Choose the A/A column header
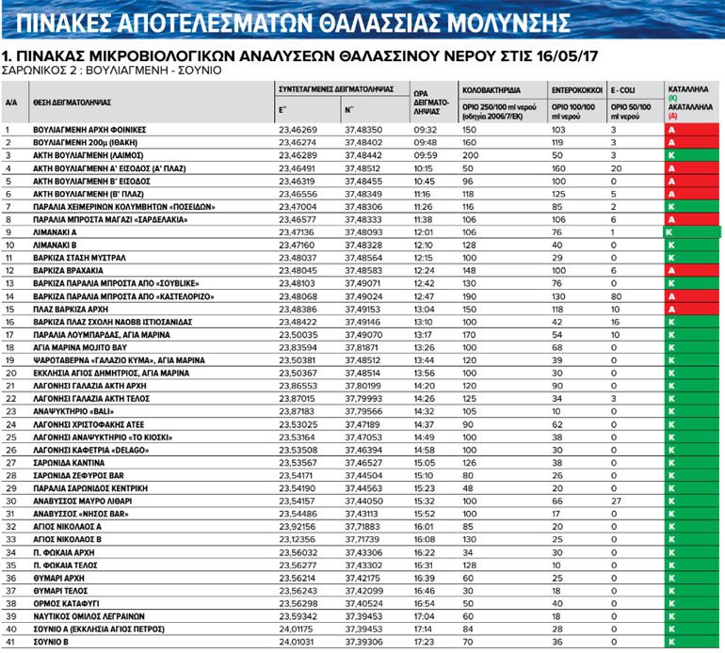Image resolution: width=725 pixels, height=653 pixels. pyautogui.click(x=12, y=102)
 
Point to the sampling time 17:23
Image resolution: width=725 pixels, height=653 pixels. pyautogui.click(x=427, y=641)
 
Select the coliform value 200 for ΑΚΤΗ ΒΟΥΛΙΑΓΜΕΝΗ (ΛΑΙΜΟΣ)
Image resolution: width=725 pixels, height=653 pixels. pyautogui.click(x=472, y=153)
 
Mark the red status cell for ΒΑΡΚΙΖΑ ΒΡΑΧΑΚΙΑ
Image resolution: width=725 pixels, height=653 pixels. pyautogui.click(x=692, y=269)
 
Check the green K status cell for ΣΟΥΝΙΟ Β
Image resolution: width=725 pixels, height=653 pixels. pyautogui.click(x=692, y=641)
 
